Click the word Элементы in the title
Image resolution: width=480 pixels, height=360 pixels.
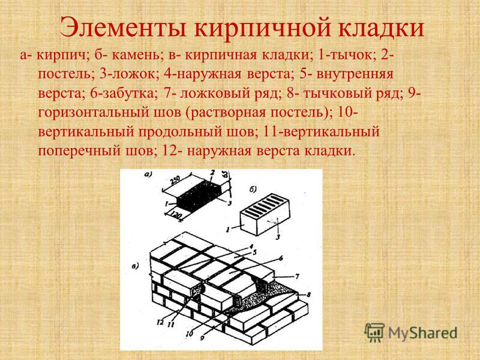(124, 28)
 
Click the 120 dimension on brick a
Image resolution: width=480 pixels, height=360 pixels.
(176, 215)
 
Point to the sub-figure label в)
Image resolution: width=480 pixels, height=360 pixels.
(136, 266)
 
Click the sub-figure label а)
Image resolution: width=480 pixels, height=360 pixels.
(148, 175)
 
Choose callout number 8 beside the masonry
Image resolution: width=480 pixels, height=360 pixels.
(308, 295)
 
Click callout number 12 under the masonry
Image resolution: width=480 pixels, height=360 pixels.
(160, 322)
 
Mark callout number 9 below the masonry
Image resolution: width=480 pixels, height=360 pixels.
(202, 338)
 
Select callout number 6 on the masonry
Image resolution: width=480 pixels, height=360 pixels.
(280, 258)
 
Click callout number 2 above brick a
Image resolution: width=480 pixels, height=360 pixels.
(212, 173)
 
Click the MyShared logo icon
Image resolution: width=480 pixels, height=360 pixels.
(374, 332)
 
